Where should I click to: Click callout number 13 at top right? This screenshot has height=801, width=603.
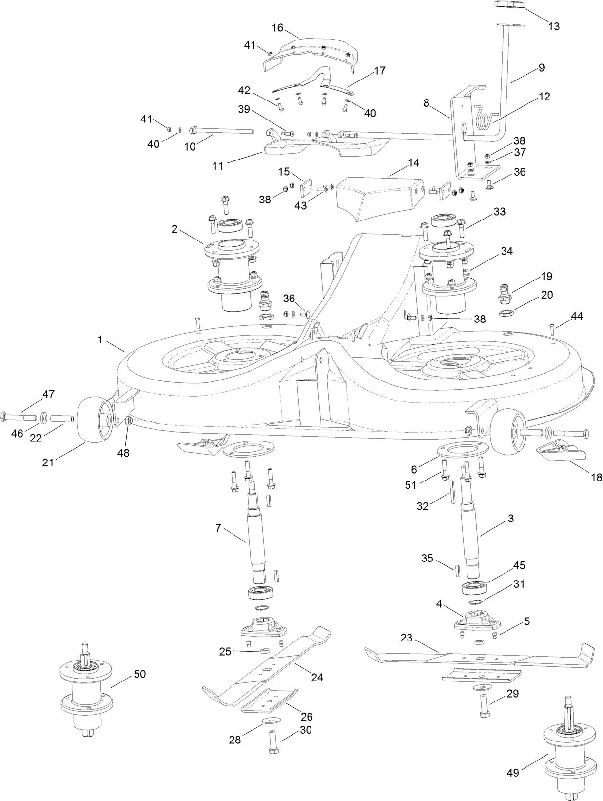(554, 26)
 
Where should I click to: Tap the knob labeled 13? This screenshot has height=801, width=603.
(510, 5)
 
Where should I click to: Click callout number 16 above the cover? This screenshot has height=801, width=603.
(277, 28)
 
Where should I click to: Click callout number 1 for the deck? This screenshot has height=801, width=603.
(100, 340)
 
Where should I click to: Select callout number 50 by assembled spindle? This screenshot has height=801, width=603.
(139, 674)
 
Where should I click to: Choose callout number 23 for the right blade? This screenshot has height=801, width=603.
(407, 637)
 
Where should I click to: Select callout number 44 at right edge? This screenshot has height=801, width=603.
(576, 316)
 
